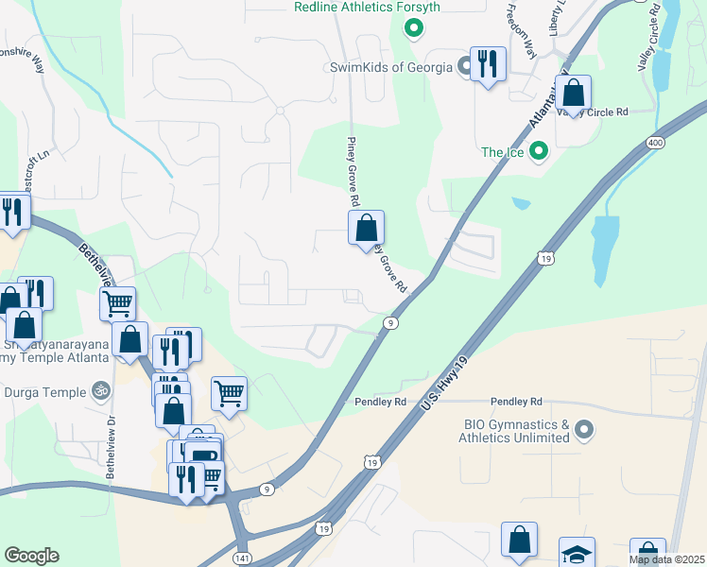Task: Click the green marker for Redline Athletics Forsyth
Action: click(413, 28)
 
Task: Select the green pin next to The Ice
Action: click(538, 150)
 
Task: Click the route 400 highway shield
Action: click(654, 142)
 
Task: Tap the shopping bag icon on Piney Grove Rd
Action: click(366, 229)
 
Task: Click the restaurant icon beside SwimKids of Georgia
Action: click(488, 64)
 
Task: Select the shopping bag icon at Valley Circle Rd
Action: click(573, 94)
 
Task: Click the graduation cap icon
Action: click(577, 554)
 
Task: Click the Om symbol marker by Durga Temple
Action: click(99, 388)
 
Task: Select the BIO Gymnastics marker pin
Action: click(583, 431)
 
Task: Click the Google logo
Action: click(31, 556)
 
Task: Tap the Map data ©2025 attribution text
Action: click(666, 559)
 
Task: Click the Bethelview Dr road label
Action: click(111, 447)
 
